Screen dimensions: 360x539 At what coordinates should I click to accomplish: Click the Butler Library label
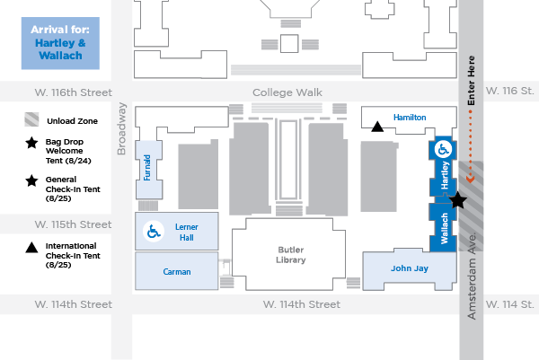click(x=291, y=253)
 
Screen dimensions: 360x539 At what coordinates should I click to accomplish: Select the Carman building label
click(x=177, y=271)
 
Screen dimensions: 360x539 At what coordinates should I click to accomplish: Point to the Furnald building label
click(x=147, y=168)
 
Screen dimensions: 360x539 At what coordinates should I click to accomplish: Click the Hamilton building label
click(x=410, y=118)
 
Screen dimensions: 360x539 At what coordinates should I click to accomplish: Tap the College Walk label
click(x=286, y=92)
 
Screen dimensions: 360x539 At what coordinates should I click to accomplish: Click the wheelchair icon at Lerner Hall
click(x=153, y=233)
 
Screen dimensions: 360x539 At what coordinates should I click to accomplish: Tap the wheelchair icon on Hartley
click(x=443, y=150)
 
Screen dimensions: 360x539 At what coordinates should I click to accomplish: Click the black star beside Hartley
click(x=457, y=200)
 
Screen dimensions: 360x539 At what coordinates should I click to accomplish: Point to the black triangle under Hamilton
click(x=378, y=127)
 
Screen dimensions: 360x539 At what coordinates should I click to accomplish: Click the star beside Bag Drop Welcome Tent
click(x=31, y=142)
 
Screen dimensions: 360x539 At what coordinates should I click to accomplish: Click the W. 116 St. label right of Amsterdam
click(x=509, y=92)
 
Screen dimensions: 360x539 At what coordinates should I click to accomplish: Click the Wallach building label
click(x=444, y=229)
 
